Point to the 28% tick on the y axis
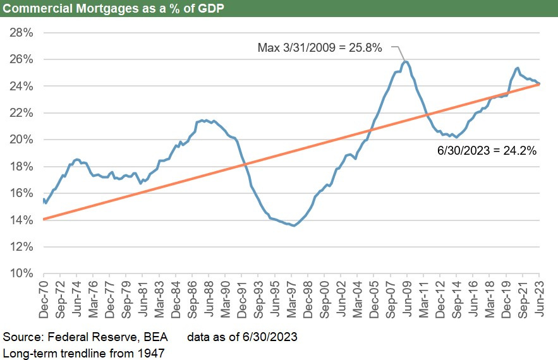point(21,32)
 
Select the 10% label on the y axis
point(21,273)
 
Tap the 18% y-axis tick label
point(21,166)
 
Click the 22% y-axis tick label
point(21,112)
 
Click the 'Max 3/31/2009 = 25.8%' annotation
point(320,47)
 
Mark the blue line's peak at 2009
point(406,62)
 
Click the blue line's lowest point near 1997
point(293,225)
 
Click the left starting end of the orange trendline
point(44,219)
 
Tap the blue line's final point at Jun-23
point(538,83)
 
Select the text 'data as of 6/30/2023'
point(242,337)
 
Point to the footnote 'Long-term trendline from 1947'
point(83,352)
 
